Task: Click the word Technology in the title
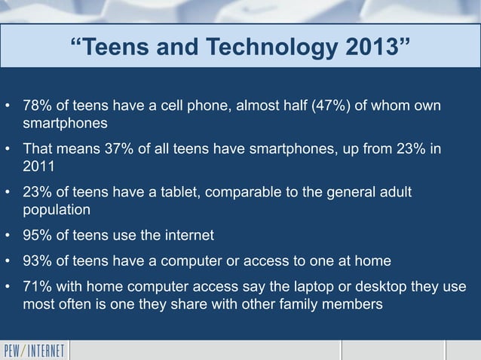(263, 48)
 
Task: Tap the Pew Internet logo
(35, 350)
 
